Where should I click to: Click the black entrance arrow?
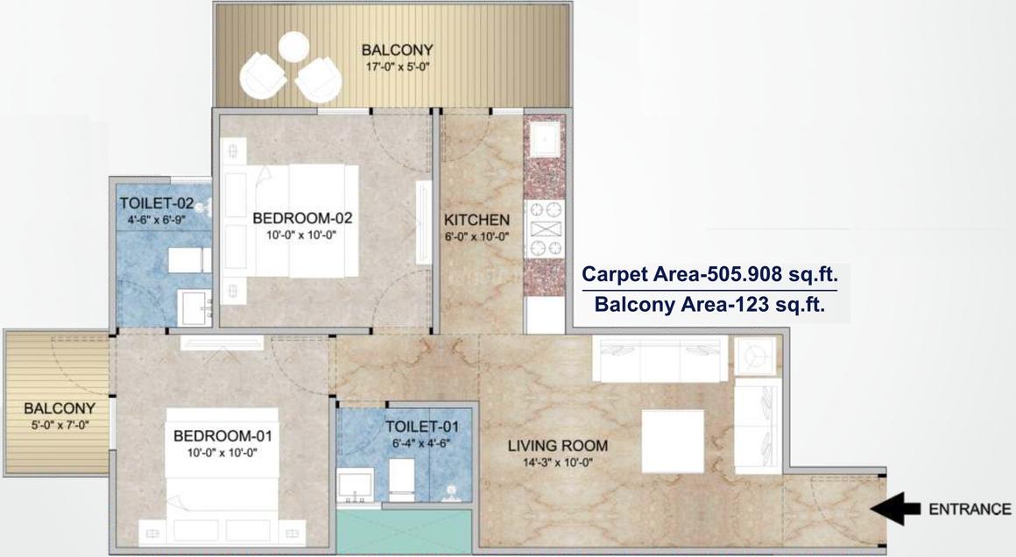tap(895, 508)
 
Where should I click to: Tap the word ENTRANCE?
tap(970, 509)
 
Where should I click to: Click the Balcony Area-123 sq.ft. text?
tap(709, 305)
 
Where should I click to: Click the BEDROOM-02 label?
tap(301, 217)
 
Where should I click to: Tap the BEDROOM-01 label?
tap(222, 435)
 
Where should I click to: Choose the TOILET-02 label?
tap(155, 203)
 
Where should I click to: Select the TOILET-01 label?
tap(421, 427)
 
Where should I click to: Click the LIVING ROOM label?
tap(557, 446)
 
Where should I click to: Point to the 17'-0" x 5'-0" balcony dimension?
tap(397, 66)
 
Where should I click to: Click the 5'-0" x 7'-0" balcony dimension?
tap(59, 425)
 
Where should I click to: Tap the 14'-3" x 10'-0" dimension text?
tap(557, 462)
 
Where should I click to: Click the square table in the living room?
tap(673, 441)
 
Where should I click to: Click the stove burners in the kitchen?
tap(544, 229)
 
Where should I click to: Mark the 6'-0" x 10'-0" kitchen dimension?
tap(476, 236)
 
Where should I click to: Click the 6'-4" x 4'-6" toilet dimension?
tap(421, 443)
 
